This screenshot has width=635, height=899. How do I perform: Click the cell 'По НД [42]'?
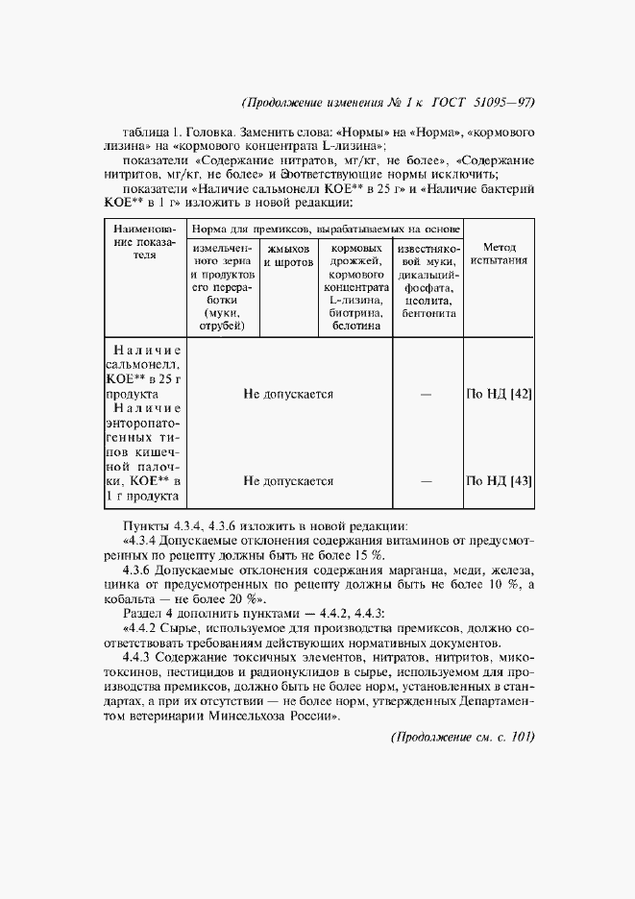coord(499,394)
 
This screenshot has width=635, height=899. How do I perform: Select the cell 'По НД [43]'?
coord(499,480)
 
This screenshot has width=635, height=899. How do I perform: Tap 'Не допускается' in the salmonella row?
coord(287,394)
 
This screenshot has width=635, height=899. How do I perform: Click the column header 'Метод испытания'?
coord(499,254)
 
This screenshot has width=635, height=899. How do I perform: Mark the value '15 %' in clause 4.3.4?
coord(365,555)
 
